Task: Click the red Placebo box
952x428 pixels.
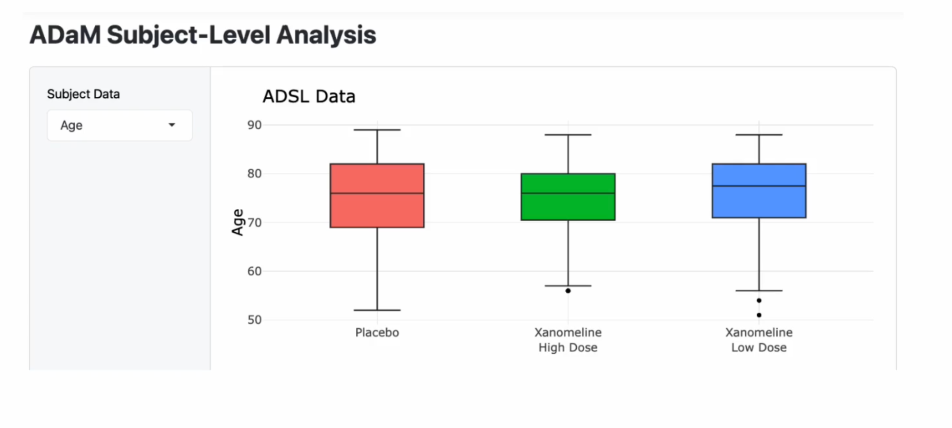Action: [x=377, y=210]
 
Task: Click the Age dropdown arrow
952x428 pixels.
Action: [x=172, y=125]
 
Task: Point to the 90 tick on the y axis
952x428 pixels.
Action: [x=254, y=125]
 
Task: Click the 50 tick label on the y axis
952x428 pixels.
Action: [x=254, y=320]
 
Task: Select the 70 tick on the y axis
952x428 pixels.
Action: [x=254, y=223]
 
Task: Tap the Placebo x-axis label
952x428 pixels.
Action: [x=377, y=332]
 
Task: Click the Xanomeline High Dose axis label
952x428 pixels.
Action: [x=568, y=339]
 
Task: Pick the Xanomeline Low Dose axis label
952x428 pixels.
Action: [x=759, y=339]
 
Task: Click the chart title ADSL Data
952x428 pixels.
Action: [x=309, y=96]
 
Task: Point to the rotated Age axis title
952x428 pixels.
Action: [x=237, y=222]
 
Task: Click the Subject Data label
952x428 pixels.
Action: [x=83, y=94]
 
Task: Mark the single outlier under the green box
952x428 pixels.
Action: [x=568, y=291]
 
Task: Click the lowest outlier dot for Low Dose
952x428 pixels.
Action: [x=759, y=315]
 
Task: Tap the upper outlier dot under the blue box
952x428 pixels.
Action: [x=759, y=300]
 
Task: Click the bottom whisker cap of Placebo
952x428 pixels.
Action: [x=377, y=310]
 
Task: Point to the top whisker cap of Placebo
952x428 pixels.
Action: [x=377, y=130]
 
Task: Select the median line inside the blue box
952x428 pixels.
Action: [x=759, y=186]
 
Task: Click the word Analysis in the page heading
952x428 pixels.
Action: [x=326, y=35]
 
